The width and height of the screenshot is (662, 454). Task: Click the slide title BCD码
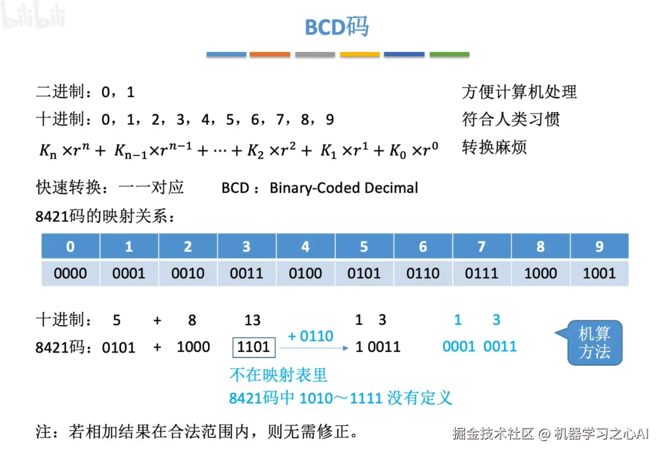337,26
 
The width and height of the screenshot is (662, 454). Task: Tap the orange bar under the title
270,55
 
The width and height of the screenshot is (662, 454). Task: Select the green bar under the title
449,55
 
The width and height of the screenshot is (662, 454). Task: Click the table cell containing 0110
423,273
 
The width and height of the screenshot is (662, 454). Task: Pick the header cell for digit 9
599,247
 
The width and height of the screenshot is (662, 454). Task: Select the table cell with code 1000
541,273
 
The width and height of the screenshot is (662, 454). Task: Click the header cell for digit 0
71,247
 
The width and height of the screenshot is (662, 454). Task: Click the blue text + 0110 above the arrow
310,336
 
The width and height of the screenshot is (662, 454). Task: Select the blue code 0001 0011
479,346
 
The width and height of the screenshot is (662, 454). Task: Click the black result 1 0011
378,347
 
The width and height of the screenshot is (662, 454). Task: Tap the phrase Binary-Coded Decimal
344,188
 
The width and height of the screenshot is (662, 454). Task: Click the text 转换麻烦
494,147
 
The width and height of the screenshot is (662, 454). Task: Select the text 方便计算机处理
519,92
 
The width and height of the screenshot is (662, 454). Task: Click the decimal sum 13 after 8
252,321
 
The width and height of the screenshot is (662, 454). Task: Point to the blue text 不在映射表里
278,375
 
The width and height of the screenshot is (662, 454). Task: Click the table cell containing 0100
305,273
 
